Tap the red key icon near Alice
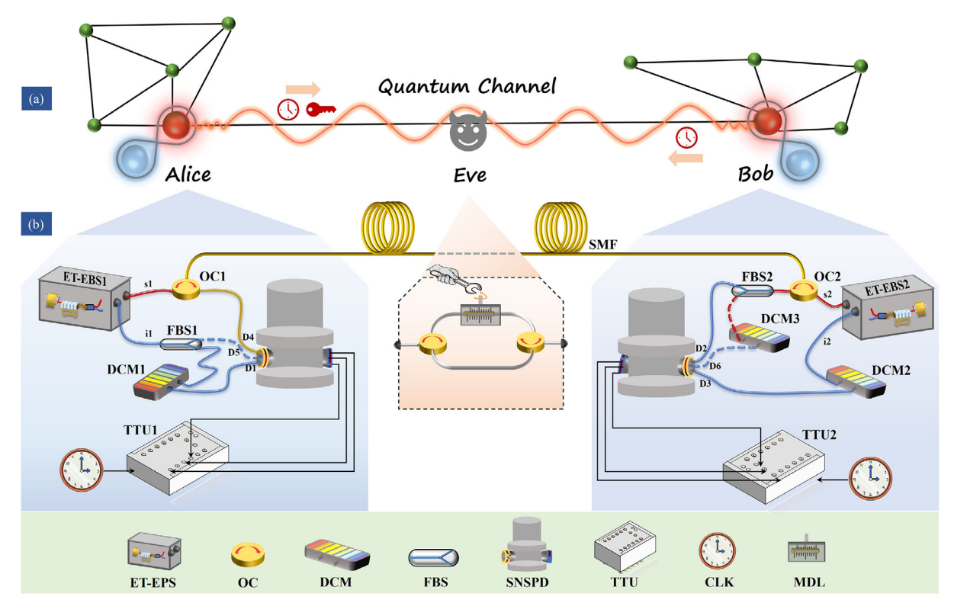[x=319, y=110]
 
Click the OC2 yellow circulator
[x=804, y=290]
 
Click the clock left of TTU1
[x=81, y=471]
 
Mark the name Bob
[x=755, y=173]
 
